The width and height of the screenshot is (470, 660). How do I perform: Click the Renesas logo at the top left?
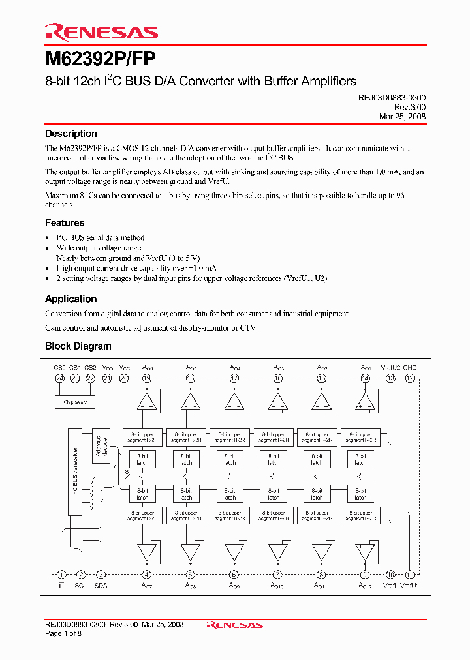pos(101,32)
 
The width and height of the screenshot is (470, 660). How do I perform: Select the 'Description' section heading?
pos(70,134)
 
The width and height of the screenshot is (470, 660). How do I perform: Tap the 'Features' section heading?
pos(64,223)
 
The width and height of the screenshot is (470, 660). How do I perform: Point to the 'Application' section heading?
pos(70,299)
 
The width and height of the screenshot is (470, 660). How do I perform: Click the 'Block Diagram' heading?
pos(78,346)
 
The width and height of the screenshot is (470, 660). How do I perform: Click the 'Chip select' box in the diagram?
pos(74,402)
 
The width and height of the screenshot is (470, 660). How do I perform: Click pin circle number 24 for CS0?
pos(59,378)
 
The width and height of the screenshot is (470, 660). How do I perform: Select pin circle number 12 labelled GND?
pos(409,378)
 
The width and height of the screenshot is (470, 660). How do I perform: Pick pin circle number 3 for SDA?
pos(101,575)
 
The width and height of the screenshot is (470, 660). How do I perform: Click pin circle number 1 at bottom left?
pos(61,575)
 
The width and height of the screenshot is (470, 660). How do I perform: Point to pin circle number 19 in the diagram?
pos(147,378)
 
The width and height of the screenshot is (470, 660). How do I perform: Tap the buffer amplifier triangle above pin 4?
pos(147,552)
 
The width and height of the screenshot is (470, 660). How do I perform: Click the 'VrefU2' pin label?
pos(390,368)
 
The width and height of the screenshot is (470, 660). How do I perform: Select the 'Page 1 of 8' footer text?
pos(63,634)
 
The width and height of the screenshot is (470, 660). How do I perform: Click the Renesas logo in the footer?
pos(234,625)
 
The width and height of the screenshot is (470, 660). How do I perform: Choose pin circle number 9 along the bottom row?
pos(365,575)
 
